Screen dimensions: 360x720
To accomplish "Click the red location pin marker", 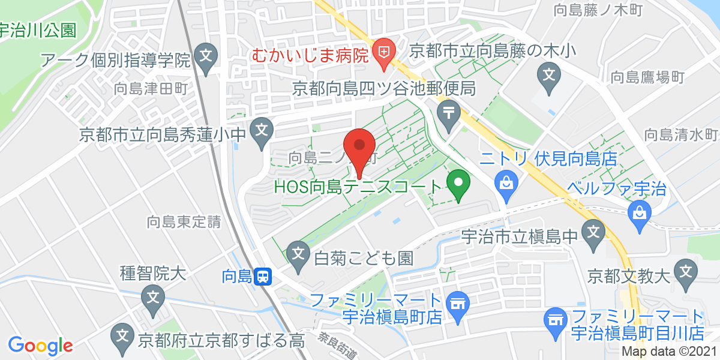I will [x=359, y=148].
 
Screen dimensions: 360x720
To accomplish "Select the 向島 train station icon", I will [x=263, y=277].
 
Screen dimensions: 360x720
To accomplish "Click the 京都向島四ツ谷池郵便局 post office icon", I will [x=448, y=112].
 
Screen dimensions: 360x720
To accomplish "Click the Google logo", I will [x=40, y=345].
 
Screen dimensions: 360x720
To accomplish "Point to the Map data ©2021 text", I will [x=668, y=352].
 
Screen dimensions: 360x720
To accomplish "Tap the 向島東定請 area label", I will [x=184, y=222].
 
